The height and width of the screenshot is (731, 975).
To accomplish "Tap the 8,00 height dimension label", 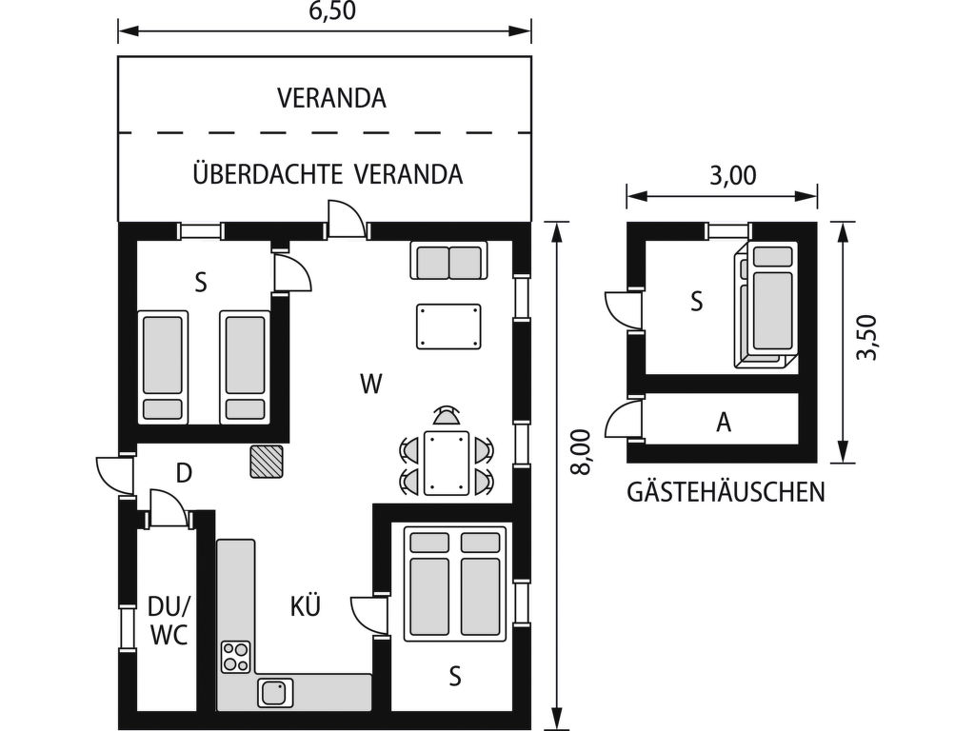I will [x=583, y=451].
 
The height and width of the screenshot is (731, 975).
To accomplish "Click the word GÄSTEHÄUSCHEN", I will [x=726, y=492].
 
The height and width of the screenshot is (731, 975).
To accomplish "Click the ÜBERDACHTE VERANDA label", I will [x=328, y=175].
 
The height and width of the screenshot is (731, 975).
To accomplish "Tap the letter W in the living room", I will [x=371, y=385].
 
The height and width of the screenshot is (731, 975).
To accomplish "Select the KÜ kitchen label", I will [x=305, y=605].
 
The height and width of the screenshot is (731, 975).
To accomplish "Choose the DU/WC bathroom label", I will [x=169, y=620].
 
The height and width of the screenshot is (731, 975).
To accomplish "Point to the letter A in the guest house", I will [x=724, y=422].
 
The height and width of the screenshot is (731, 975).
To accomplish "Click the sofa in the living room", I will [x=448, y=261].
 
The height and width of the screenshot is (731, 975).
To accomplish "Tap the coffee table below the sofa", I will [x=448, y=326].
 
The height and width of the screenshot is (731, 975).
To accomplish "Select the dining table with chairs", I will [x=447, y=462].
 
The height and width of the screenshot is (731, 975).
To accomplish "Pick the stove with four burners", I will [x=235, y=657].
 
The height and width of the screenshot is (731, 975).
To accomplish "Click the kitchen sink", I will [x=274, y=691].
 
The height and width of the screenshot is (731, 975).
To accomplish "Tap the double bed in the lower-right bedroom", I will [x=454, y=584].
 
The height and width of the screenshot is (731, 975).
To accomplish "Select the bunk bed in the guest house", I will [x=766, y=305].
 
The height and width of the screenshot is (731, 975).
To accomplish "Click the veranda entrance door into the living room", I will [x=346, y=218].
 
